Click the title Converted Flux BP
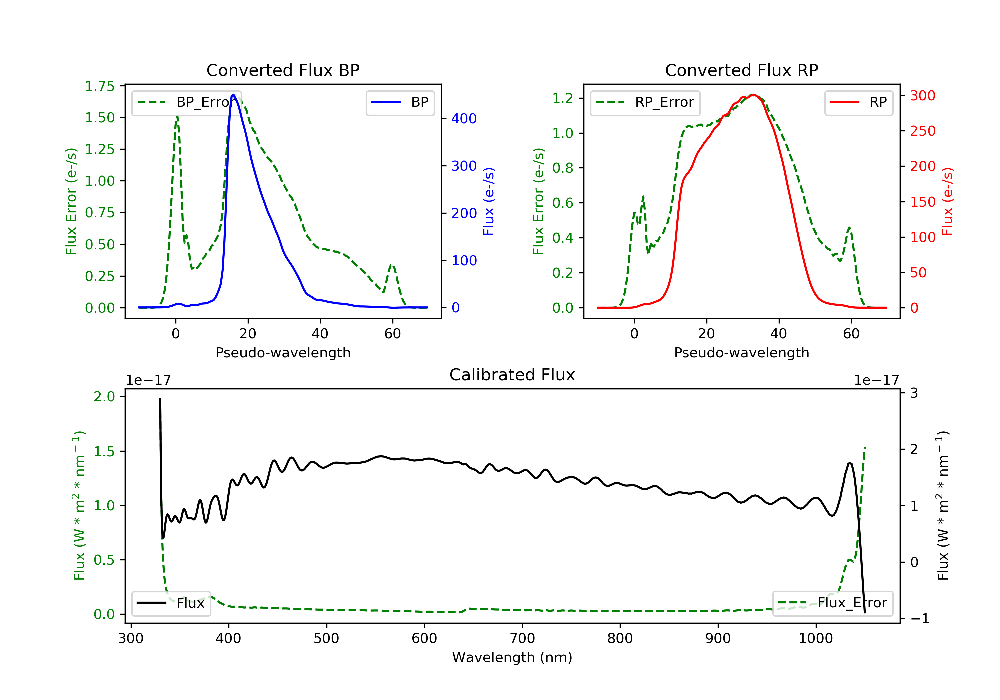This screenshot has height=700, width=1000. pos(283,70)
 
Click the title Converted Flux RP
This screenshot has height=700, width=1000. pos(741,70)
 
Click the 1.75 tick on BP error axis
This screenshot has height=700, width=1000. pos(100,86)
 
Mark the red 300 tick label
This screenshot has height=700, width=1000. pos(922,95)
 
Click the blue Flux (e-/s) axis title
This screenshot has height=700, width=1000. pos(489,201)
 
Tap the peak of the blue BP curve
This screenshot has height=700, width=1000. pos(233,95)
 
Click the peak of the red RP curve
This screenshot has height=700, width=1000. pos(753,95)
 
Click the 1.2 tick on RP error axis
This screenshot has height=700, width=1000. pos(562,98)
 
